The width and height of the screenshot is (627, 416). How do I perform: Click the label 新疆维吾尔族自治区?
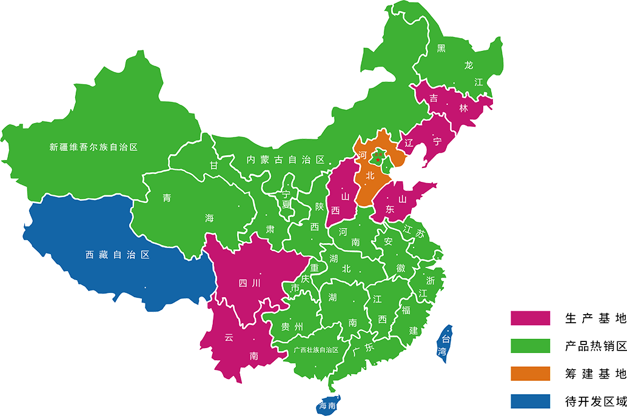(x=94, y=147)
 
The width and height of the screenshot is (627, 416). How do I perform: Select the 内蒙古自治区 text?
(x=286, y=160)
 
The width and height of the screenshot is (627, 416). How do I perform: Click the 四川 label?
(x=249, y=283)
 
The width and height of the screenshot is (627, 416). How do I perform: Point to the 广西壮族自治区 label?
(x=315, y=350)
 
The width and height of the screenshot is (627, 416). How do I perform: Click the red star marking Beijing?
(x=378, y=159)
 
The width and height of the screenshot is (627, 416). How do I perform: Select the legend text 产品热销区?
(x=595, y=346)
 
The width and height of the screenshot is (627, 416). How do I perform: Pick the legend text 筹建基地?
(x=595, y=374)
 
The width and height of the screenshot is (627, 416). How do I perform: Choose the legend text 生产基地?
(x=595, y=318)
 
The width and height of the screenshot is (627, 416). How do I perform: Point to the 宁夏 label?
(x=286, y=200)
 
